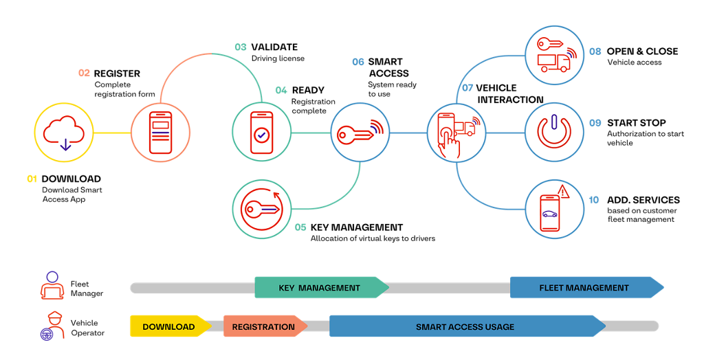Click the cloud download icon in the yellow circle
(x=63, y=133)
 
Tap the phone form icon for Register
(x=159, y=133)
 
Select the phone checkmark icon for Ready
(x=261, y=133)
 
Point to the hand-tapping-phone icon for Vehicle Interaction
(x=456, y=133)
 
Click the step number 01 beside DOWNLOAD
(x=32, y=179)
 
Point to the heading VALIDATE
(x=274, y=47)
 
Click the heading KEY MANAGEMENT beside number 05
(x=356, y=227)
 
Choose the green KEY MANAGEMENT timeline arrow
(x=320, y=288)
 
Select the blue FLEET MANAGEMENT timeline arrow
(x=585, y=288)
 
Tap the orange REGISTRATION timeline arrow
(x=264, y=326)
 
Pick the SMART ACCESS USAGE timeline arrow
(x=465, y=326)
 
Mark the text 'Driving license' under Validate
(x=278, y=59)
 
